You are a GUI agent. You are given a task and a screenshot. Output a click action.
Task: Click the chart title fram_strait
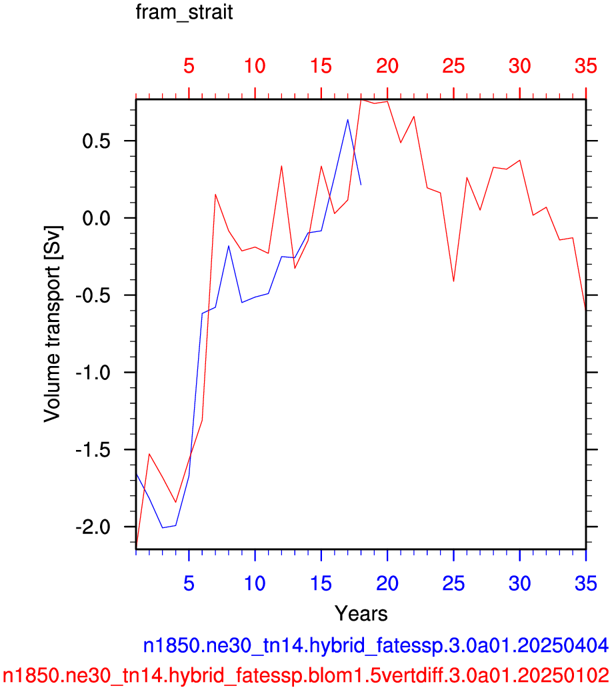pyautogui.click(x=184, y=13)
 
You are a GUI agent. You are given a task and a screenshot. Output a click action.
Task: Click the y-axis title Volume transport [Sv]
pyautogui.click(x=53, y=324)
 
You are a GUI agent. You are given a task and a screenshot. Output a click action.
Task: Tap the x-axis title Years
pyautogui.click(x=361, y=613)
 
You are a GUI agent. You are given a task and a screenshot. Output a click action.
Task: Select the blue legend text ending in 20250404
pyautogui.click(x=376, y=645)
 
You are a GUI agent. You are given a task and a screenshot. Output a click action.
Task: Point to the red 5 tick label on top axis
pyautogui.click(x=189, y=67)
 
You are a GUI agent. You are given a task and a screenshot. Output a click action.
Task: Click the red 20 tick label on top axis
pyautogui.click(x=387, y=67)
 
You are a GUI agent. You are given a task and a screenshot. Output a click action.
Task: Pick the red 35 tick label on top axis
pyautogui.click(x=585, y=67)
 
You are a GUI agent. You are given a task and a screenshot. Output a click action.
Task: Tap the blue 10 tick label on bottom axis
pyautogui.click(x=255, y=583)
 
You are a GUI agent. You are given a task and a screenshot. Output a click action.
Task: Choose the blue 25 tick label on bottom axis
pyautogui.click(x=453, y=583)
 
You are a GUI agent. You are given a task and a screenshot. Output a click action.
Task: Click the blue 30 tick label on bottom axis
pyautogui.click(x=519, y=583)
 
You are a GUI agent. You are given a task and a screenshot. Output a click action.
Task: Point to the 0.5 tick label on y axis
pyautogui.click(x=97, y=141)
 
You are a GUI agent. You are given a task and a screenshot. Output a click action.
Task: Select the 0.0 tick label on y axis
pyautogui.click(x=97, y=218)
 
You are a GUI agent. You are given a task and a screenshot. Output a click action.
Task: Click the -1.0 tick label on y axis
pyautogui.click(x=93, y=373)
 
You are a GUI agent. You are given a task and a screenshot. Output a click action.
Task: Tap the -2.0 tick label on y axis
pyautogui.click(x=93, y=527)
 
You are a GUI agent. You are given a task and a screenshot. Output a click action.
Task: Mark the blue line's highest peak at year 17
pyautogui.click(x=347, y=119)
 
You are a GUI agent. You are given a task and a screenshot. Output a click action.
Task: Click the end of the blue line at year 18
pyautogui.click(x=361, y=185)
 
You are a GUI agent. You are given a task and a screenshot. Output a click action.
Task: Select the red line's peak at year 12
pyautogui.click(x=281, y=166)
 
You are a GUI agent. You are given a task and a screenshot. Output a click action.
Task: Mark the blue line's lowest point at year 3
pyautogui.click(x=163, y=527)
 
